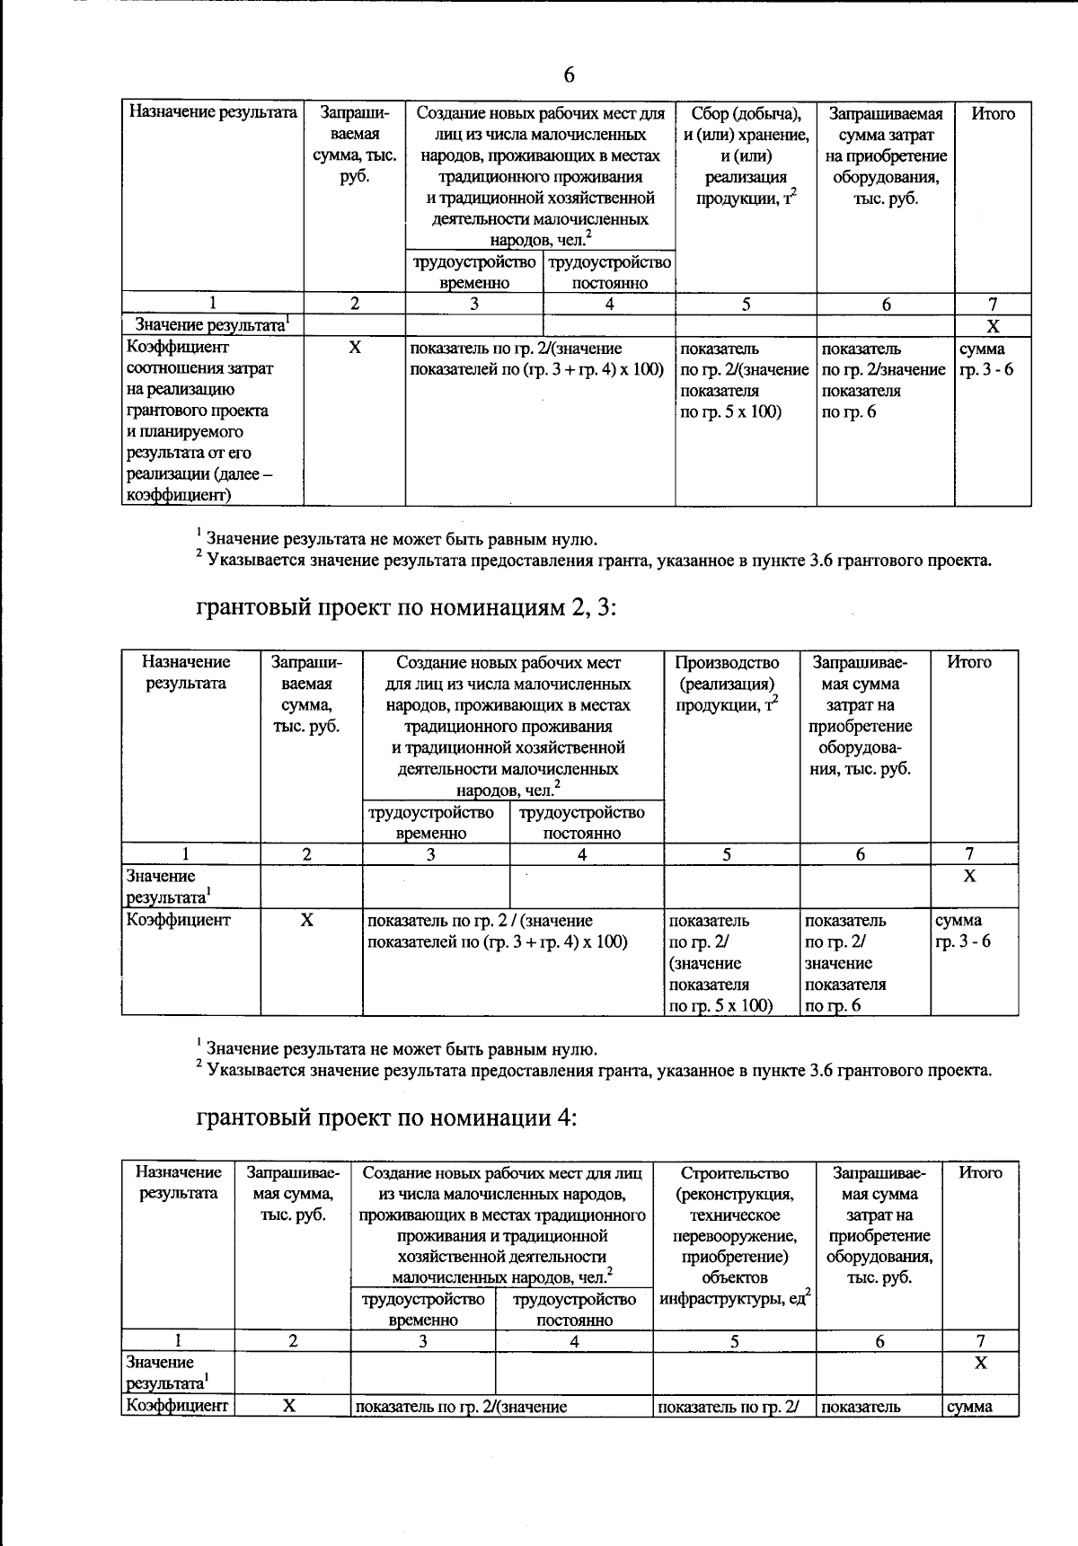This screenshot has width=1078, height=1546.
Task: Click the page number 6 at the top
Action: click(569, 75)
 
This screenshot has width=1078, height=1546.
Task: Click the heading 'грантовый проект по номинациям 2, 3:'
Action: click(406, 608)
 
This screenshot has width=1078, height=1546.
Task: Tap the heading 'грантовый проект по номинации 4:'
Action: click(386, 1118)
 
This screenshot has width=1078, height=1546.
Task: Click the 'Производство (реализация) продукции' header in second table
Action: click(727, 684)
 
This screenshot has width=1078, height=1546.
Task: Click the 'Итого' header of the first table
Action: click(993, 114)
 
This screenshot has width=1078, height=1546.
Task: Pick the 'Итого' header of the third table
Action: click(980, 1172)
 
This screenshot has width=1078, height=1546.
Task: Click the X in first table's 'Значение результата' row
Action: click(993, 326)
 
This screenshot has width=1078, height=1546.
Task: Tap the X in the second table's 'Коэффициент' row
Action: click(306, 921)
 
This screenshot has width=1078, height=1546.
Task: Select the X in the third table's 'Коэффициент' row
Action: click(289, 1406)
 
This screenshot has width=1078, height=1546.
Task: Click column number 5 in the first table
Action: click(746, 305)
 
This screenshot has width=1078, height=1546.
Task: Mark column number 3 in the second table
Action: click(430, 854)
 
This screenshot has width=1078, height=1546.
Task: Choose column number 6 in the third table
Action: click(879, 1341)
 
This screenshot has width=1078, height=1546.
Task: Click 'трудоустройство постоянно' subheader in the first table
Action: click(609, 272)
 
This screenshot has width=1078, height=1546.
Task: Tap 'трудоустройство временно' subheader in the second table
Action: click(431, 822)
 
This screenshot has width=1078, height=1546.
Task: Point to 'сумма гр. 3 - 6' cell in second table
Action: click(963, 931)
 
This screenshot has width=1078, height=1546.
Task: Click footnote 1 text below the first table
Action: click(400, 540)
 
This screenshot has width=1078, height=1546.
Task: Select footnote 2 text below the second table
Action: click(597, 1071)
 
